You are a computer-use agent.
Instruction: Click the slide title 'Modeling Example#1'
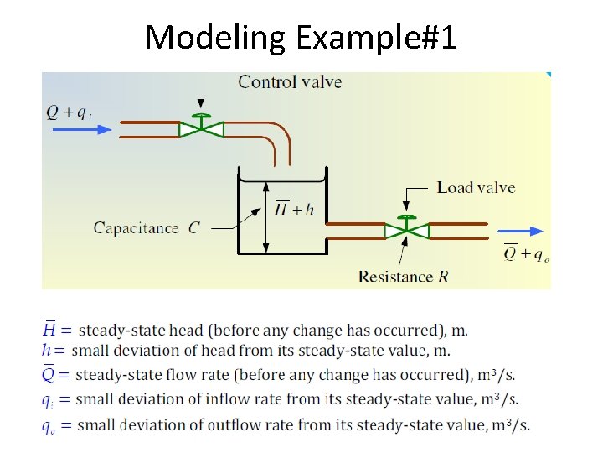pos(301,37)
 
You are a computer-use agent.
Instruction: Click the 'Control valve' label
pos(290,81)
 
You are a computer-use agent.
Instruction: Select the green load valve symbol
pos(406,228)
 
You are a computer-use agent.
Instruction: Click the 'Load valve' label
pos(476,188)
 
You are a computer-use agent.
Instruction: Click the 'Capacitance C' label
pos(146,227)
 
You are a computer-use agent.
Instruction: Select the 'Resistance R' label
pos(404,276)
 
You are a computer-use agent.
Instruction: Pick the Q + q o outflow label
pos(525,253)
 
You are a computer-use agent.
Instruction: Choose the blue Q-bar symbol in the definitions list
pos(50,374)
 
